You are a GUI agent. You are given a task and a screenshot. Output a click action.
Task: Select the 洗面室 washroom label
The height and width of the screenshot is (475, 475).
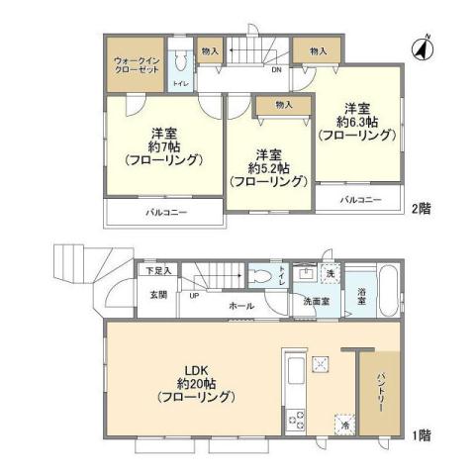click(x=316, y=301)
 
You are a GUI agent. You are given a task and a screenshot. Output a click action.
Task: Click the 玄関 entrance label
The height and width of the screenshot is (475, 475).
click(x=159, y=294)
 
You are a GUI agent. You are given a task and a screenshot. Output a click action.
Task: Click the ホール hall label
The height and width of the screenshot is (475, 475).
click(x=240, y=307)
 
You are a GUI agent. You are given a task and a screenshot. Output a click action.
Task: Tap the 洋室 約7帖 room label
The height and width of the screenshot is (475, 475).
click(x=163, y=144)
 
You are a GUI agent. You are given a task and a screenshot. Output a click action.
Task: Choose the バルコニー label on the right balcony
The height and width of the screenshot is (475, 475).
click(x=361, y=200)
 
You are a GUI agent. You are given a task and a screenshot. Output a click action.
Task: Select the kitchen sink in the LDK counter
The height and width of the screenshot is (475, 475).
click(x=295, y=375)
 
